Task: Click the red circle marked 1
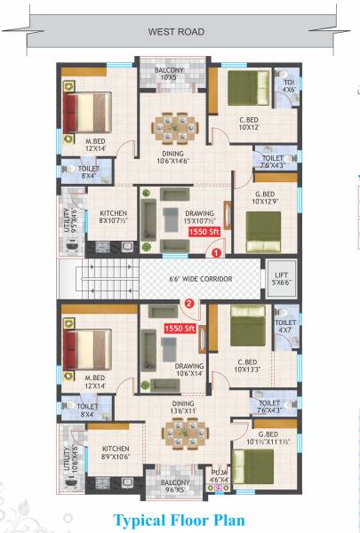(x=216, y=252)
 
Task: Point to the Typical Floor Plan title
(x=178, y=519)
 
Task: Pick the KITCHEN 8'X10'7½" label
(x=113, y=219)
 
